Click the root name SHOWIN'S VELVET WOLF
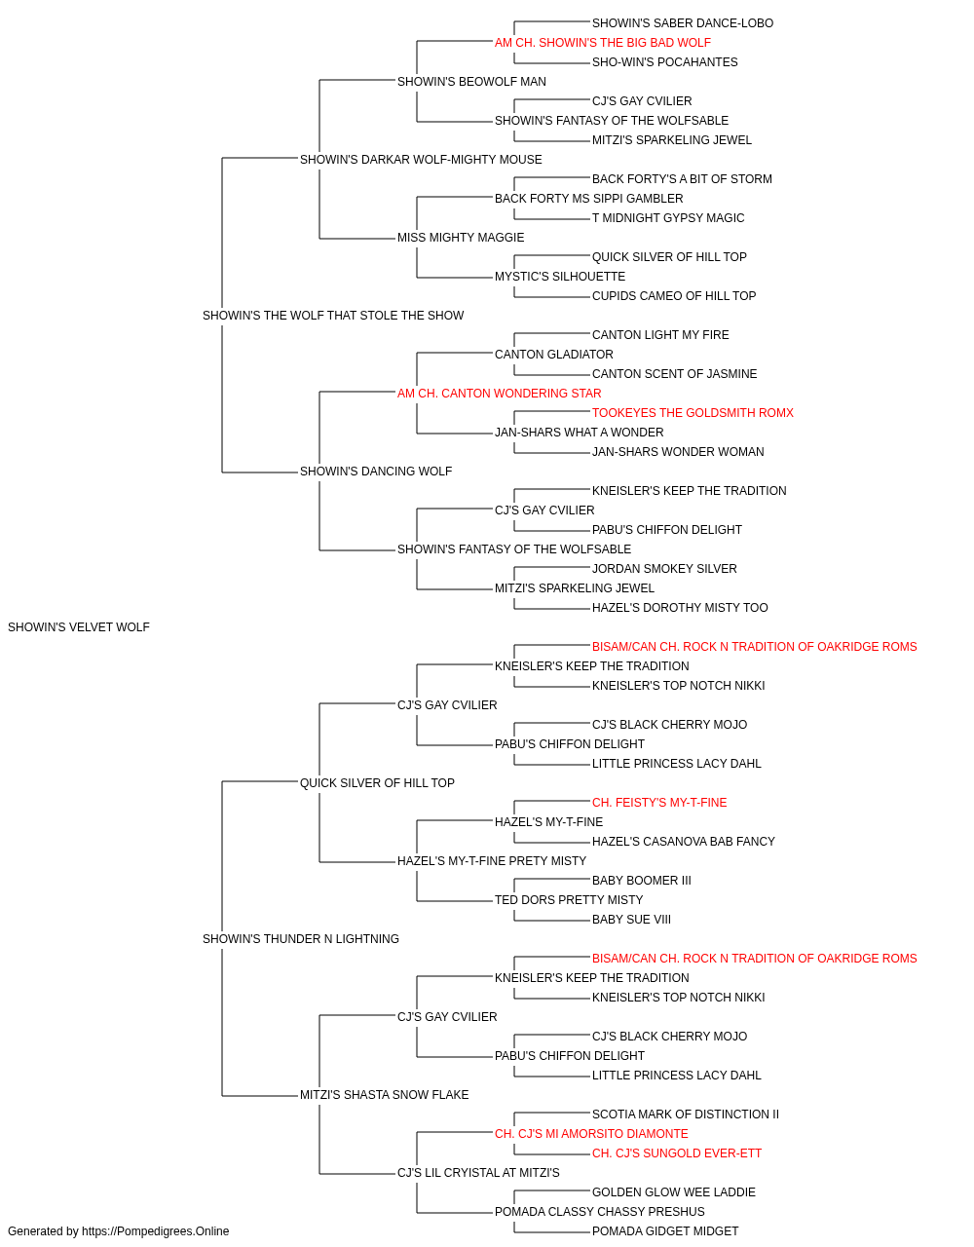[x=79, y=627]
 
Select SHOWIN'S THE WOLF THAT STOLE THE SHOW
[x=333, y=316]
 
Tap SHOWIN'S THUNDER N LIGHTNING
[x=301, y=939]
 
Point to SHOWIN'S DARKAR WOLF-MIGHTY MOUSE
[x=421, y=160]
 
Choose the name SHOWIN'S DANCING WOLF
[x=376, y=472]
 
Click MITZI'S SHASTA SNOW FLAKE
[x=385, y=1095]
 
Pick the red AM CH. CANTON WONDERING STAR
[x=499, y=394]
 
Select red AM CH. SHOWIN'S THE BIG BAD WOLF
[x=603, y=43]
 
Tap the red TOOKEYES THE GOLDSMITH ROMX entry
[x=693, y=413]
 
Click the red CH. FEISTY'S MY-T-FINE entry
[x=659, y=803]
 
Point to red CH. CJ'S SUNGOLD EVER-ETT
[x=677, y=1153]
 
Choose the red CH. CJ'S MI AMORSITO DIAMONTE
[x=591, y=1134]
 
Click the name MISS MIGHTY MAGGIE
[x=461, y=238]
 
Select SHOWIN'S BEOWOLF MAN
[x=471, y=82]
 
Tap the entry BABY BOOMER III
[x=641, y=881]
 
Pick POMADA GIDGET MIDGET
[x=665, y=1231]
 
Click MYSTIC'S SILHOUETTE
[x=560, y=277]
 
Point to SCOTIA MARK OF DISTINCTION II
[x=686, y=1115]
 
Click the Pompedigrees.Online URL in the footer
[x=156, y=1231]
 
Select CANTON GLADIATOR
[x=554, y=355]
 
